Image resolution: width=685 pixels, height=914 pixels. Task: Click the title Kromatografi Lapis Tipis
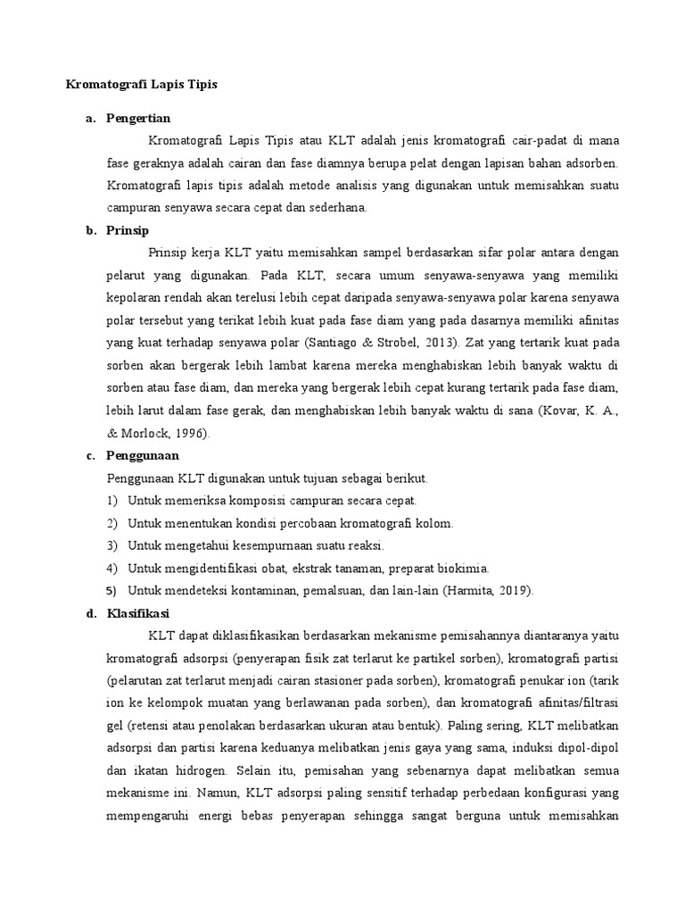[x=143, y=85]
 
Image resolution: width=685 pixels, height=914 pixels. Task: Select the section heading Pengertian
[x=138, y=118]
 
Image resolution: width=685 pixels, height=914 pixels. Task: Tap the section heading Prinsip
[x=127, y=230]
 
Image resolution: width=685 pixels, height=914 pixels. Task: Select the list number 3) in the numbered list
[x=111, y=545]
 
